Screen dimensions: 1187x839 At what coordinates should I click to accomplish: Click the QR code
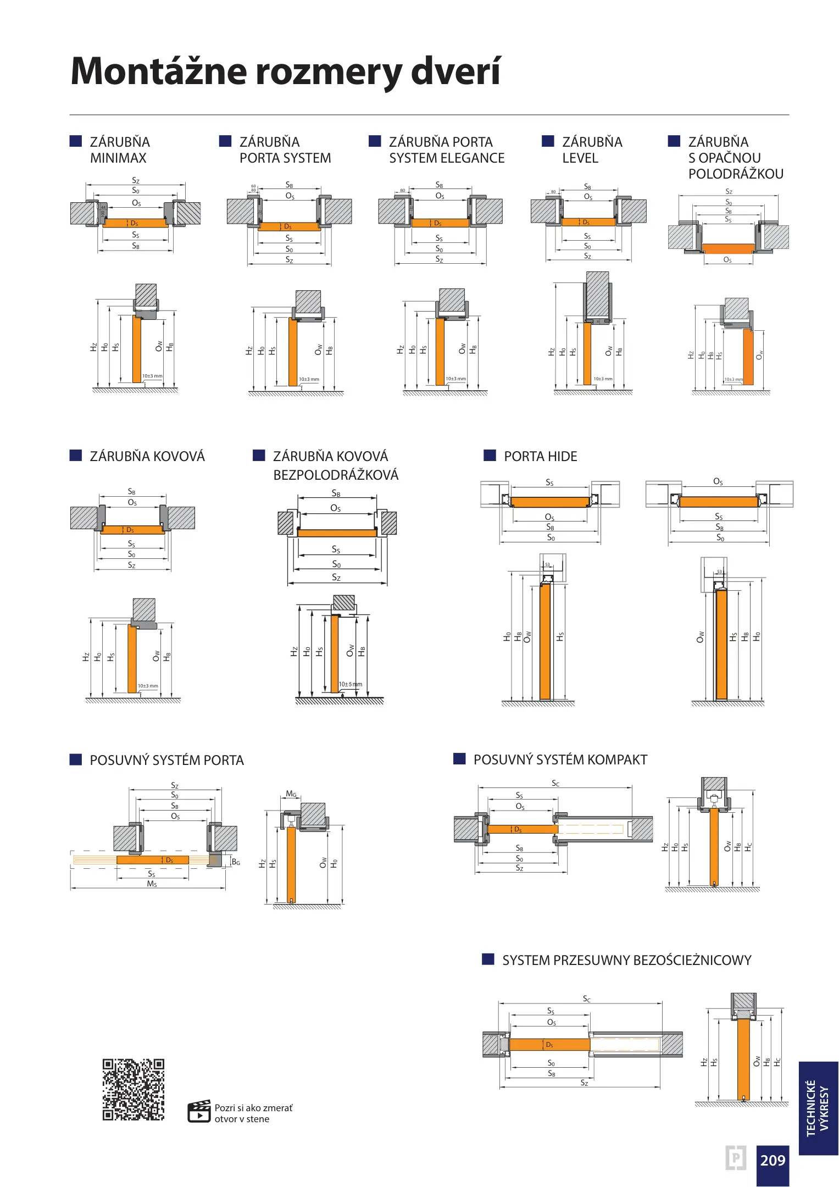coord(133,1089)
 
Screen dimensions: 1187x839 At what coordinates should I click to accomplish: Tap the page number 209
coord(773,1160)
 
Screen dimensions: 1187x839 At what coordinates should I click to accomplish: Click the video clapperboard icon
coord(199,1112)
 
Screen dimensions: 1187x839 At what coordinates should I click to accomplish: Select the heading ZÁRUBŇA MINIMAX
coord(119,150)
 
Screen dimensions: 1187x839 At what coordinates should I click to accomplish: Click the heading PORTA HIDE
coord(540,456)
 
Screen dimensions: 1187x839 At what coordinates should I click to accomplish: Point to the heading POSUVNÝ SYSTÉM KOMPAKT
coord(560,759)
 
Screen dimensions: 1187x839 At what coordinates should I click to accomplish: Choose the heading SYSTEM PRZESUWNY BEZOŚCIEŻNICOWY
coord(626,960)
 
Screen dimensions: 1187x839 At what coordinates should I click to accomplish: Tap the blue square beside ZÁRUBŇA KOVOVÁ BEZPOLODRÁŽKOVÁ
coord(259,456)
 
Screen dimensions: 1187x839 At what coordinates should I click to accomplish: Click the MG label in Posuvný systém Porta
coord(291,794)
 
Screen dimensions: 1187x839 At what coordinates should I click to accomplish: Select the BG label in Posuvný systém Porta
coord(236,862)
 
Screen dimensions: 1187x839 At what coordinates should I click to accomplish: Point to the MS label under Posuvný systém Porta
coord(152,884)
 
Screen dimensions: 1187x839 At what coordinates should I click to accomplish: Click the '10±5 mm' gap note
coord(350,684)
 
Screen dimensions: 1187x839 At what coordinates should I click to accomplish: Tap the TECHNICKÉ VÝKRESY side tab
coord(818,1108)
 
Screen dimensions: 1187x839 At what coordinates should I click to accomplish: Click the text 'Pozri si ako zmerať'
coord(253,1108)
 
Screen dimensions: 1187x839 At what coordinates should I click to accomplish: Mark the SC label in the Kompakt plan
coord(555,784)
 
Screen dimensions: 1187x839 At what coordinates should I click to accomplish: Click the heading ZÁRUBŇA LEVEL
coord(592,150)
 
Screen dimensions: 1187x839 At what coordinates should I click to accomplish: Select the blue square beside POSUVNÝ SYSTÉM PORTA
coord(76,759)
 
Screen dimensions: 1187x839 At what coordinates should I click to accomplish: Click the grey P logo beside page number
coord(735,1158)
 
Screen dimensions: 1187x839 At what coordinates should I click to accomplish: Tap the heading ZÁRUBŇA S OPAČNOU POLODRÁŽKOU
coord(735,158)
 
